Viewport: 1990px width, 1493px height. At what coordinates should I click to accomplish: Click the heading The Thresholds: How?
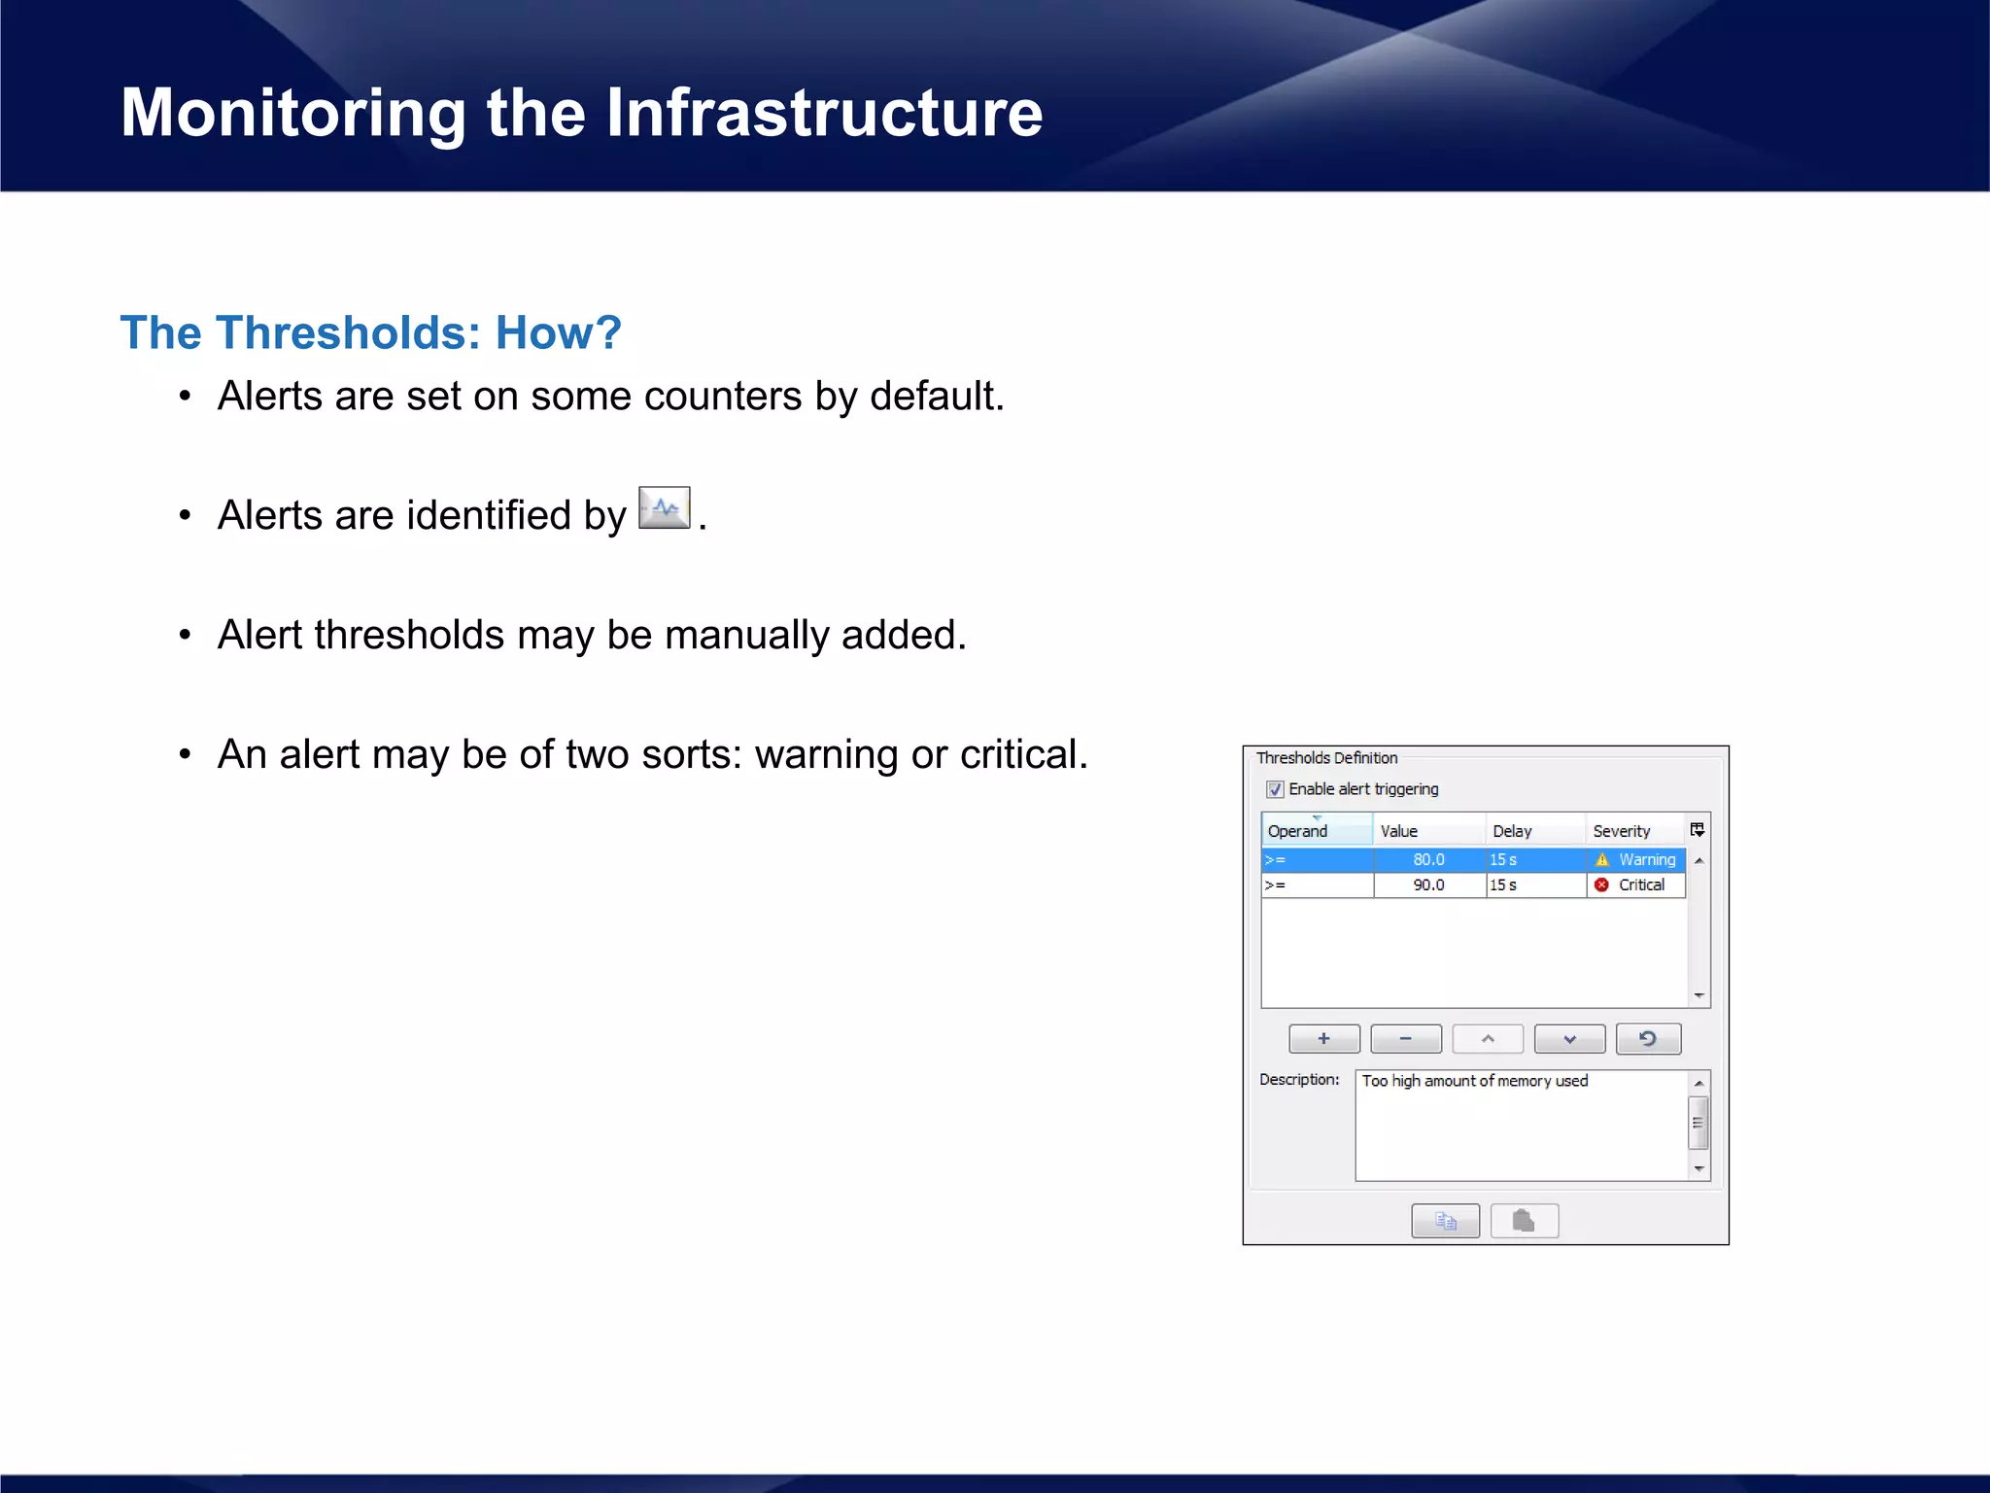pyautogui.click(x=370, y=333)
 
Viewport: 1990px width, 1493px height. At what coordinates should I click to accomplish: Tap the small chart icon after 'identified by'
pyautogui.click(x=664, y=508)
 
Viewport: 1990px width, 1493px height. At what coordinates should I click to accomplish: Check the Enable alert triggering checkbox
pyautogui.click(x=1275, y=789)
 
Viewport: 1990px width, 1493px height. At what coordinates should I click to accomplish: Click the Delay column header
pyautogui.click(x=1512, y=831)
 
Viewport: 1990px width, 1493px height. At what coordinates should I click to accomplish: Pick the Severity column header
pyautogui.click(x=1621, y=831)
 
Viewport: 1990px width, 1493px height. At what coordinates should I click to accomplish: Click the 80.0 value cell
pyautogui.click(x=1428, y=859)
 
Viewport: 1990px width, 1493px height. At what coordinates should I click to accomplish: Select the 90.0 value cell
pyautogui.click(x=1428, y=885)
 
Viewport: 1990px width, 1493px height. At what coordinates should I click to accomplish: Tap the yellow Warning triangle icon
pyautogui.click(x=1602, y=859)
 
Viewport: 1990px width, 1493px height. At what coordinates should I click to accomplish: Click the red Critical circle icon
pyautogui.click(x=1601, y=885)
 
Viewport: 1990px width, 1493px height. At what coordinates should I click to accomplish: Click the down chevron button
pyautogui.click(x=1568, y=1039)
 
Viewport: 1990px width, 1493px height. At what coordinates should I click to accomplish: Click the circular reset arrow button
pyautogui.click(x=1648, y=1039)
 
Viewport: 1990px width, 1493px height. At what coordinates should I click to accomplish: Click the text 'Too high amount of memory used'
pyautogui.click(x=1474, y=1081)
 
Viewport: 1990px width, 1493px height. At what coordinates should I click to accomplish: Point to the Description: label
pyautogui.click(x=1298, y=1079)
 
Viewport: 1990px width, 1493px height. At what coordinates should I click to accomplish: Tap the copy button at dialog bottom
pyautogui.click(x=1445, y=1221)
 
